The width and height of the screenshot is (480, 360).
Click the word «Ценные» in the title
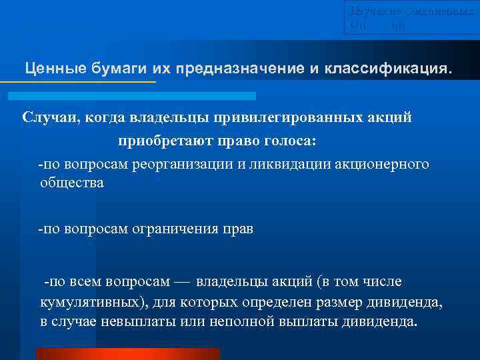49,68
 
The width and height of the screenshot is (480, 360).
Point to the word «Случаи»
48,117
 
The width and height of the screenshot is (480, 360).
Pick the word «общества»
72,183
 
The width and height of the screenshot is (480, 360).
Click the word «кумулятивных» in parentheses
90,301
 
